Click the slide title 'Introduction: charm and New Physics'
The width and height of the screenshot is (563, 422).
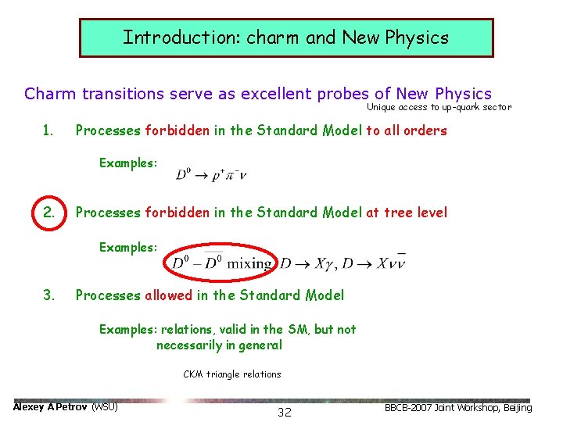click(285, 38)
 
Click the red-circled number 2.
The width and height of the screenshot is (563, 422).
click(48, 212)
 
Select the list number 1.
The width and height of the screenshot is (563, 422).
click(48, 131)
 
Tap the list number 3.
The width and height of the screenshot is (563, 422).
click(48, 295)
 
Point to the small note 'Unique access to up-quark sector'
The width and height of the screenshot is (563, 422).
click(439, 107)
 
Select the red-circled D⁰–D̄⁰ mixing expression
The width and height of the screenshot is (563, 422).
click(221, 263)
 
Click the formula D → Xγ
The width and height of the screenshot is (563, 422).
click(309, 263)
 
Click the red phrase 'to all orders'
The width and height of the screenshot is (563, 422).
click(406, 131)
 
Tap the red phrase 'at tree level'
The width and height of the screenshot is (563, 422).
click(407, 212)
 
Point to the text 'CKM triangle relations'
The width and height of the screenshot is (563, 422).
click(232, 374)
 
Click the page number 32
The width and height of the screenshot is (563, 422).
click(285, 412)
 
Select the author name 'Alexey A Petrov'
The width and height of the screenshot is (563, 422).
click(51, 407)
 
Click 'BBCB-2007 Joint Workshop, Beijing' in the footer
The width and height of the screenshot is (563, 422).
click(457, 407)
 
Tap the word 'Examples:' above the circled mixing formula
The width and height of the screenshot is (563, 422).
click(127, 247)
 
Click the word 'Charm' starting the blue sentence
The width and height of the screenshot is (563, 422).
click(50, 94)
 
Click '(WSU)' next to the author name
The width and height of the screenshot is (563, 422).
click(105, 407)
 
